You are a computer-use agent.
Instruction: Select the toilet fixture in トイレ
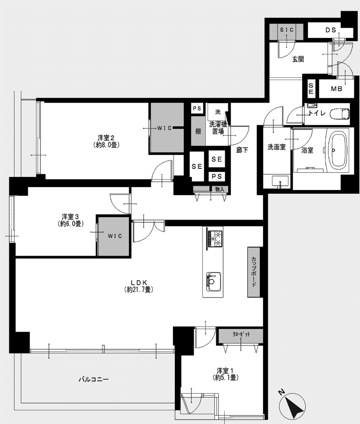click(340, 114)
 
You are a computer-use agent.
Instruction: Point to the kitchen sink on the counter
click(214, 281)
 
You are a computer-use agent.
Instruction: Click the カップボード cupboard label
click(254, 272)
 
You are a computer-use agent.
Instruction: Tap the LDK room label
click(139, 286)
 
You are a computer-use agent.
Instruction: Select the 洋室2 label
click(106, 141)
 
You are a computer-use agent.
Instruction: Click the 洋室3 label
click(70, 220)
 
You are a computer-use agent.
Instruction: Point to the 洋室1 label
click(225, 374)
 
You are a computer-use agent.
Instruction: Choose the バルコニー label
click(93, 379)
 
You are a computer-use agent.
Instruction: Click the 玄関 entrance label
click(298, 59)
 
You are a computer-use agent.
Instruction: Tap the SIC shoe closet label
click(287, 30)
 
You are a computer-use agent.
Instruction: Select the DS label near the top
click(331, 30)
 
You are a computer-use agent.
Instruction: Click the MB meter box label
click(337, 89)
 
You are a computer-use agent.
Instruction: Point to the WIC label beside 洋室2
click(165, 128)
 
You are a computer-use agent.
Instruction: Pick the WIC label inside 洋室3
click(115, 236)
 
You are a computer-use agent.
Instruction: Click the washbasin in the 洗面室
click(280, 181)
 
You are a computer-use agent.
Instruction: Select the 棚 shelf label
click(198, 131)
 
